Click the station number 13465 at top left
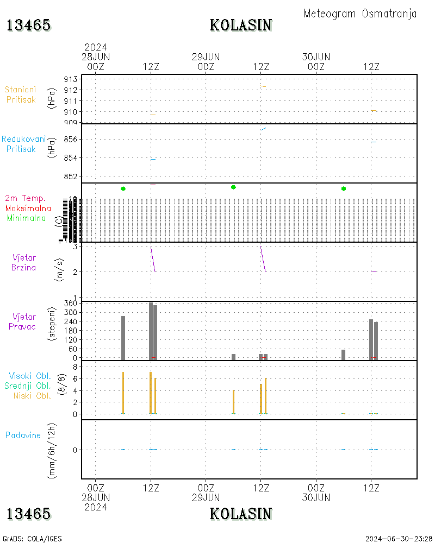(28, 25)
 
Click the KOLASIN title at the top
(240, 25)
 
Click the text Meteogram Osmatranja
(360, 14)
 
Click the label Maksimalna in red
(28, 209)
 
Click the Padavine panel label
(23, 435)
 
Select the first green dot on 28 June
(123, 188)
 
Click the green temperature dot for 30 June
(344, 188)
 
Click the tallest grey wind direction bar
(151, 331)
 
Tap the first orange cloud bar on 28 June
(123, 393)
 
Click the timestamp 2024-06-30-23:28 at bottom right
(399, 539)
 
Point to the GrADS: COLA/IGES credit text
(32, 539)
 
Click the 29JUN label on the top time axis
(206, 57)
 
